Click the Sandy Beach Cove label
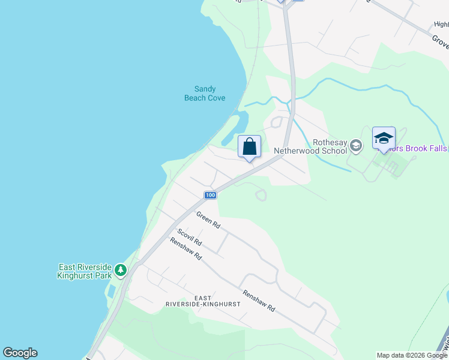click(x=204, y=94)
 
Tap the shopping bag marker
click(x=249, y=147)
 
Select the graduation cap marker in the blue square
click(x=384, y=139)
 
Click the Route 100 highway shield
click(x=209, y=195)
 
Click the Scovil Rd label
click(x=188, y=238)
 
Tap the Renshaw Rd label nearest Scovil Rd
click(x=185, y=248)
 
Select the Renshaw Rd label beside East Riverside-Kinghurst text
click(x=259, y=301)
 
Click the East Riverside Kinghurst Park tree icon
click(x=121, y=270)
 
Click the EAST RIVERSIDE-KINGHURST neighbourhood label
click(x=203, y=301)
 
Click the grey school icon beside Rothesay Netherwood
click(x=356, y=145)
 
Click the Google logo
click(x=20, y=353)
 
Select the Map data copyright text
click(x=412, y=355)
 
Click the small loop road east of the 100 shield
click(x=261, y=194)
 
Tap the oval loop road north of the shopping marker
click(x=276, y=122)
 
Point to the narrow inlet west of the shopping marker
click(x=233, y=129)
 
